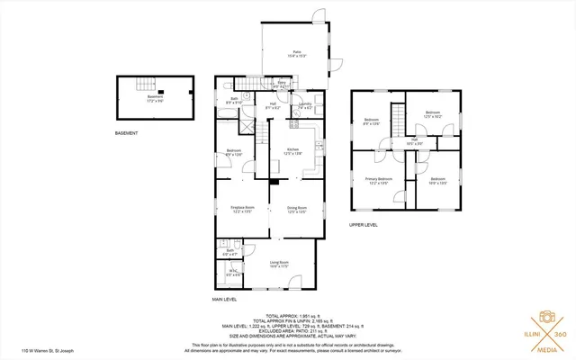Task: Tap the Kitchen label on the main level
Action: [x=292, y=150]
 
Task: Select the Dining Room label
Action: [x=297, y=210]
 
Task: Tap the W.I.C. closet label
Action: [x=232, y=272]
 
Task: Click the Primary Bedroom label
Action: [x=378, y=180]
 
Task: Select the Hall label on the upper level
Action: [x=416, y=140]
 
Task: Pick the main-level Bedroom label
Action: [x=234, y=151]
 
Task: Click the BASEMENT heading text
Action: [x=127, y=133]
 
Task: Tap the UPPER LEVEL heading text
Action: [x=364, y=225]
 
